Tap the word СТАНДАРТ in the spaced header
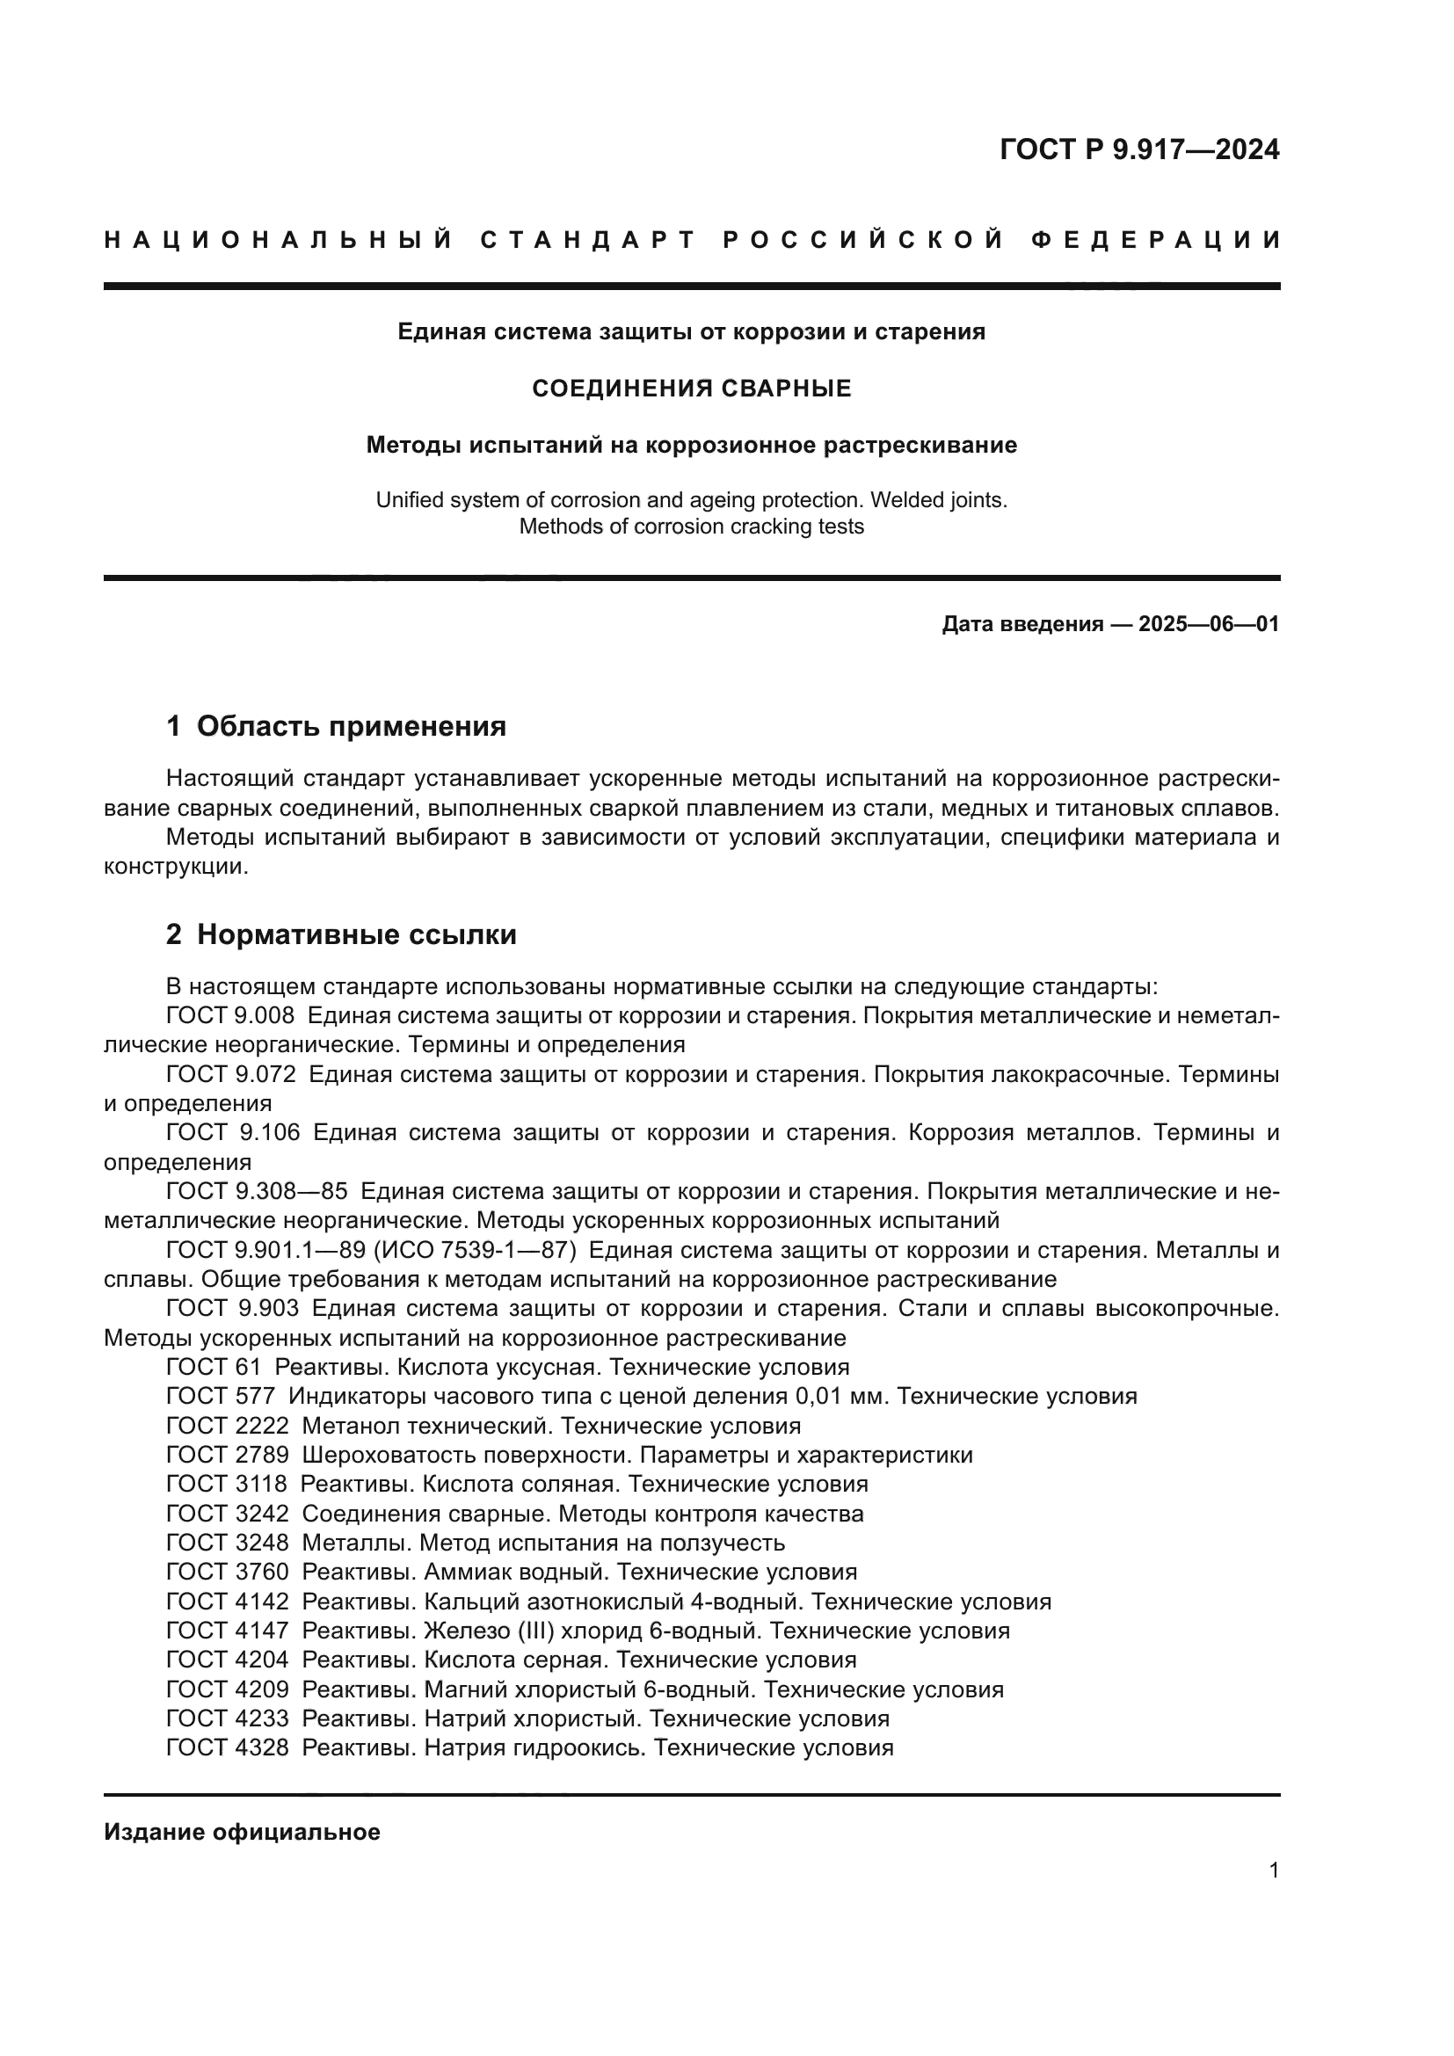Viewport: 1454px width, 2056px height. point(588,240)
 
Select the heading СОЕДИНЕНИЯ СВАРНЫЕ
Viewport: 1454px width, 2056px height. point(691,389)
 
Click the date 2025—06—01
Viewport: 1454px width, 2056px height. point(1208,624)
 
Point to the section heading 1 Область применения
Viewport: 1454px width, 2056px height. point(336,725)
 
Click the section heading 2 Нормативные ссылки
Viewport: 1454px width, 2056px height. point(341,935)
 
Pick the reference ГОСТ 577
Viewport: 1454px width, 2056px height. point(221,1396)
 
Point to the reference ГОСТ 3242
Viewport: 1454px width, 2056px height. point(228,1514)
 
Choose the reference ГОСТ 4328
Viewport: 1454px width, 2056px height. point(228,1747)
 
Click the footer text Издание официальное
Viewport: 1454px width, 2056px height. point(242,1832)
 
